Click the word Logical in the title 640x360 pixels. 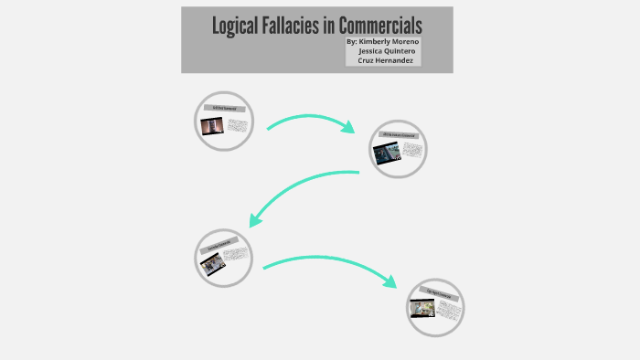point(235,26)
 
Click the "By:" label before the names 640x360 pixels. point(353,42)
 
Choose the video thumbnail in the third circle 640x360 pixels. point(212,263)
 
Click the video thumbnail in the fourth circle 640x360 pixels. point(421,310)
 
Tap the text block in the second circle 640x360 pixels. point(412,150)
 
